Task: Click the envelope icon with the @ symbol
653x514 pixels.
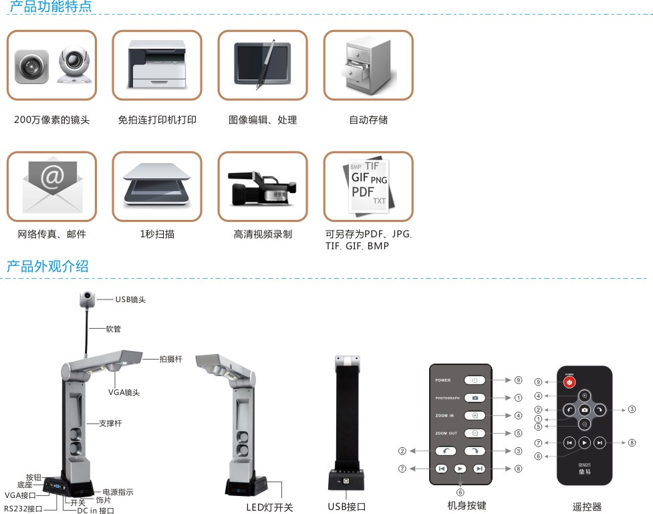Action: pyautogui.click(x=51, y=186)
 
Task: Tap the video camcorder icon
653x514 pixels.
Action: pyautogui.click(x=262, y=186)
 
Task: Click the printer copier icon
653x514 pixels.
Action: pyautogui.click(x=156, y=65)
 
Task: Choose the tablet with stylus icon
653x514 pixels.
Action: pyautogui.click(x=262, y=65)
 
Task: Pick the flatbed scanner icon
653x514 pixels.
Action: pyautogui.click(x=156, y=186)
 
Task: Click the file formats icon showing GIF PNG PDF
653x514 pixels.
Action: pyautogui.click(x=368, y=186)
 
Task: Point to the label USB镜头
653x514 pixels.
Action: pyautogui.click(x=130, y=299)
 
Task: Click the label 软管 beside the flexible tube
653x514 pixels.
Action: pyautogui.click(x=113, y=329)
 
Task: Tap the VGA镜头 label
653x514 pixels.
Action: pyautogui.click(x=124, y=392)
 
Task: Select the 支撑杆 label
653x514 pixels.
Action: pyautogui.click(x=110, y=423)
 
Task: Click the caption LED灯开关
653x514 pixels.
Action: pyautogui.click(x=269, y=507)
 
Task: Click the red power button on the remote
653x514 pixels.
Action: pyautogui.click(x=569, y=382)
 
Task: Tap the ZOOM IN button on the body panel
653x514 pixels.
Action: pyautogui.click(x=475, y=415)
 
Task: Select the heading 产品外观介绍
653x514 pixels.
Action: pyautogui.click(x=47, y=266)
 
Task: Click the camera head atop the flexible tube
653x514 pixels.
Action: pyautogui.click(x=88, y=299)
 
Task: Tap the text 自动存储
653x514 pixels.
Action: pyautogui.click(x=368, y=120)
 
